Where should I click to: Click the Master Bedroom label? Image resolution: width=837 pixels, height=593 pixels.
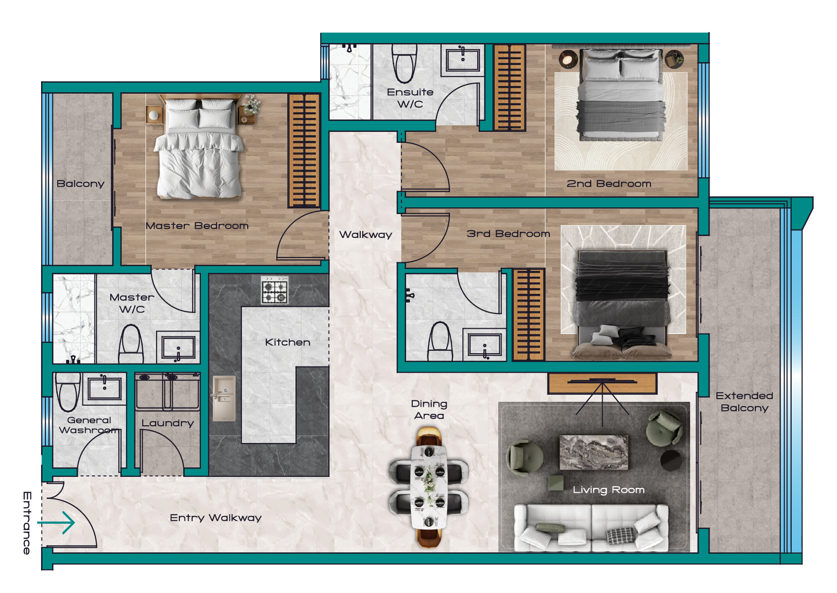point(197,226)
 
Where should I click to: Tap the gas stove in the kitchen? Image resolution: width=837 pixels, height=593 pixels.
point(274,291)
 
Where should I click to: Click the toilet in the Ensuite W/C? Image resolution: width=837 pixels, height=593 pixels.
point(404,63)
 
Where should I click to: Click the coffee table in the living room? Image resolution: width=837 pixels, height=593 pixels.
point(594,452)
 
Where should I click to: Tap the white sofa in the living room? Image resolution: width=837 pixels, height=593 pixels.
point(591,528)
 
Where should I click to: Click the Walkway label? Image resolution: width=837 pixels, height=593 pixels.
point(366,235)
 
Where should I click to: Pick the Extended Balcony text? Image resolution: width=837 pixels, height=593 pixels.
point(744,402)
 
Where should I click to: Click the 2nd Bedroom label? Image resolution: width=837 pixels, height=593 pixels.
point(609,183)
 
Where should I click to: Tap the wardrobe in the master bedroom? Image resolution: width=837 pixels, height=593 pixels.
point(304,150)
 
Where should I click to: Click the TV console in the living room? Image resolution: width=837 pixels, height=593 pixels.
point(602,383)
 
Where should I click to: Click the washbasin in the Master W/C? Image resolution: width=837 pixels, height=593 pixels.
point(178,347)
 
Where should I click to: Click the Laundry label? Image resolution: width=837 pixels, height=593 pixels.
point(167,423)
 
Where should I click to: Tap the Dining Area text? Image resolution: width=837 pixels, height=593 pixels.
point(429,410)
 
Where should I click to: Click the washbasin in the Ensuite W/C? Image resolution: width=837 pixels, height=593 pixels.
point(462,59)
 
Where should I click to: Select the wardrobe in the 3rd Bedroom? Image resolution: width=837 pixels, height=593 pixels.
point(528,314)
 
